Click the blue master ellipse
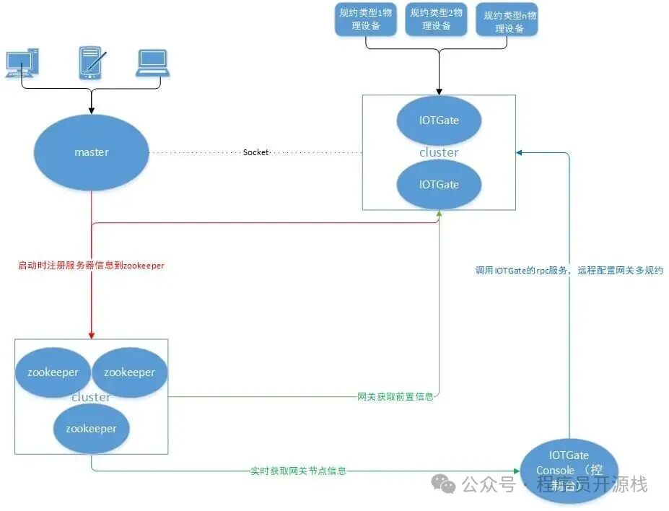point(92,152)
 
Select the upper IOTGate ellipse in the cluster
point(439,120)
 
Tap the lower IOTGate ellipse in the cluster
point(439,184)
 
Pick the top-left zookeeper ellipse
point(53,372)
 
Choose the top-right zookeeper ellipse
point(130,372)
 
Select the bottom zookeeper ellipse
point(91,428)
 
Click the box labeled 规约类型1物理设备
point(367,19)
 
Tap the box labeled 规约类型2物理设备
point(437,19)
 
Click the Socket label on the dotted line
point(255,152)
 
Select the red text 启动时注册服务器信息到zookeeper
point(91,266)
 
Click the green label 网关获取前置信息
point(395,396)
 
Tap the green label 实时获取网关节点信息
point(298,471)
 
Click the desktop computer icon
point(22,64)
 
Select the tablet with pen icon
point(92,63)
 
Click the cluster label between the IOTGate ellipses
point(439,152)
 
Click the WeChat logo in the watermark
point(444,484)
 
